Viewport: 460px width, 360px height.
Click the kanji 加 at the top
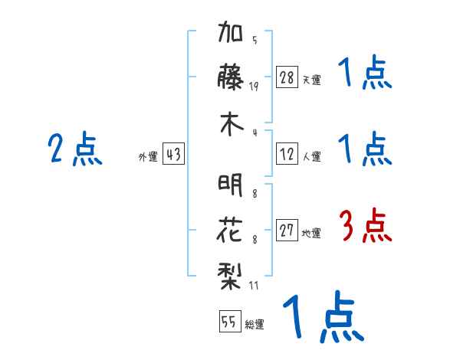click(231, 34)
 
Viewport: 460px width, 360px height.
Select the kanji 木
click(231, 126)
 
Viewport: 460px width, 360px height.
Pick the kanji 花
click(231, 229)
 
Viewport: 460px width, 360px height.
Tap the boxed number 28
click(287, 77)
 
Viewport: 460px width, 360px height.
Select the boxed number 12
click(287, 155)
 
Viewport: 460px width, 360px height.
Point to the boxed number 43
click(173, 155)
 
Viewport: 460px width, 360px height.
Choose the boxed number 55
click(229, 322)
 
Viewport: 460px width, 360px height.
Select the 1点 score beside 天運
click(364, 74)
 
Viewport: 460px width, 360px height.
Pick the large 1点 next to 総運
click(322, 318)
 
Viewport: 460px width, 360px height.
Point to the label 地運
click(311, 234)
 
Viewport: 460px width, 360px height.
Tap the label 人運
click(311, 157)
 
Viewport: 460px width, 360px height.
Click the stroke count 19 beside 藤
click(253, 86)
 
